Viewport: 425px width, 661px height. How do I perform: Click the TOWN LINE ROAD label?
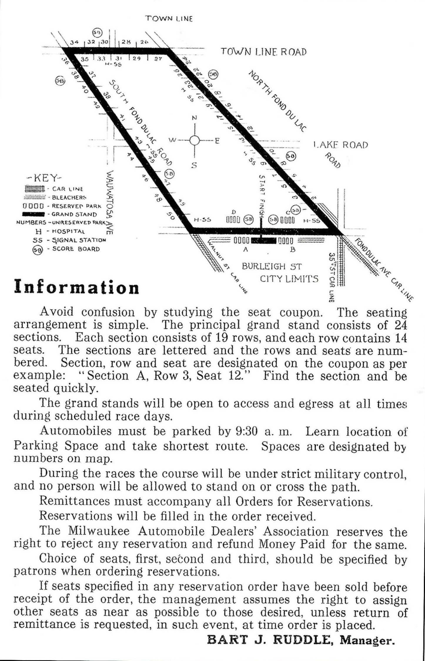coord(264,52)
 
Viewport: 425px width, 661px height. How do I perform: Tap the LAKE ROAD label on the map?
coord(341,145)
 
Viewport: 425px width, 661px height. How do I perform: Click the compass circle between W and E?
coord(194,140)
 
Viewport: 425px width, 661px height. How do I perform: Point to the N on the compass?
coord(194,118)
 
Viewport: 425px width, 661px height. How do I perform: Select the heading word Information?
coord(76,288)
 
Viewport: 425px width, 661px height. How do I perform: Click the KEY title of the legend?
coord(44,178)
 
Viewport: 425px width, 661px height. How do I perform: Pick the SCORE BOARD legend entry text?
coord(76,249)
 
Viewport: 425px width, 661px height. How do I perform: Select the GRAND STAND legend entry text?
coord(74,215)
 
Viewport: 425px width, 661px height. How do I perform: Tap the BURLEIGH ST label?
coord(272,267)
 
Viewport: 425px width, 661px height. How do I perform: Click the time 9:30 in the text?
coord(247,431)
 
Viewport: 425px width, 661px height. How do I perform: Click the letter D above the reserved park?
coord(234,212)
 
